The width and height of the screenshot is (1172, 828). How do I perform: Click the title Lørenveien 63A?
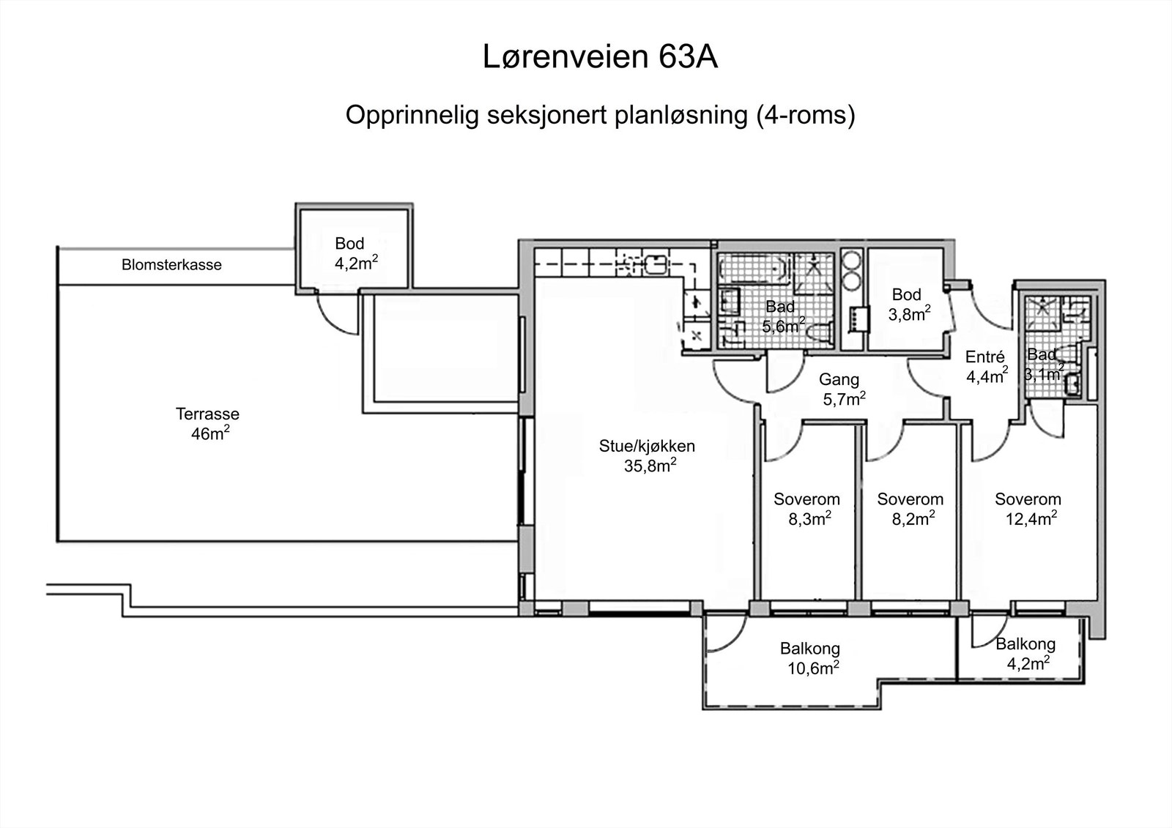click(x=599, y=58)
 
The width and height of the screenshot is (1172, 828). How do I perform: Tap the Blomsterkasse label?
click(x=171, y=265)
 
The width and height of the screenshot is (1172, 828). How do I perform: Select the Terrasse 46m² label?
click(x=207, y=424)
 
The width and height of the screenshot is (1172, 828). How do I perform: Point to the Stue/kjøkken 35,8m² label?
click(x=647, y=455)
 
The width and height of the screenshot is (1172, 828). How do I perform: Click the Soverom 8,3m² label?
click(x=806, y=509)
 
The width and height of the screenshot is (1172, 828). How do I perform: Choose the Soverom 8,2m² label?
click(x=910, y=509)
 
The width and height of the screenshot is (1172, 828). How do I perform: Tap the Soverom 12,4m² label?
click(x=1028, y=509)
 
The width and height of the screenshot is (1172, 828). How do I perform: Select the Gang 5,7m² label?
click(x=841, y=389)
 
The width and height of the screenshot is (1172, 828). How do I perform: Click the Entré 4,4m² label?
click(x=986, y=366)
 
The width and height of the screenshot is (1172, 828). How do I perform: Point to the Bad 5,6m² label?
click(x=782, y=316)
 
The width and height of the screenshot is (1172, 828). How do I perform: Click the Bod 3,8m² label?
click(x=909, y=304)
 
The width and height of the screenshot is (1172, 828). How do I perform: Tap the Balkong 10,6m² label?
click(x=809, y=657)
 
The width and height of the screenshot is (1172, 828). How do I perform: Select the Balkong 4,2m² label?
click(x=1025, y=653)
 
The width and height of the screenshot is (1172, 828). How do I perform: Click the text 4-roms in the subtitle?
click(x=806, y=116)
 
